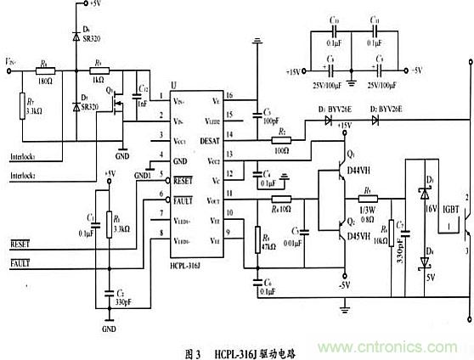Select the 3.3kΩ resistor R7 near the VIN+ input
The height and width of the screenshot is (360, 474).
point(23,106)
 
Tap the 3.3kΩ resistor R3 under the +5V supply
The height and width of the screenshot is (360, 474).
point(108,227)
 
